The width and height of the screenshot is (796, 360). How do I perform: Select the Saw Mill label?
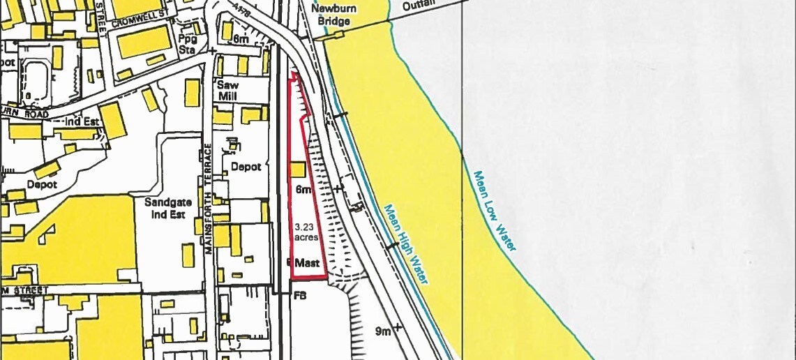pos(228,90)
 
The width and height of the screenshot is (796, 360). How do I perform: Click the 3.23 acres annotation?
pos(307,232)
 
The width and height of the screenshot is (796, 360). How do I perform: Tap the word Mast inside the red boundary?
pos(307,264)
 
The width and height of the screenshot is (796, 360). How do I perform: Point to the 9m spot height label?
pos(383,331)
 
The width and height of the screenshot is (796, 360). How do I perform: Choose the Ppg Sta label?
pos(187,43)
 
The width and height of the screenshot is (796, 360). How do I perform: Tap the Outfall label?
pos(418,5)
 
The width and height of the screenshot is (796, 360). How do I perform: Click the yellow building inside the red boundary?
pos(297,170)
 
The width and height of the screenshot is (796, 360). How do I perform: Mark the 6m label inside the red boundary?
pos(303,190)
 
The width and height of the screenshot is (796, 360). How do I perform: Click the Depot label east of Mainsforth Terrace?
pos(246,167)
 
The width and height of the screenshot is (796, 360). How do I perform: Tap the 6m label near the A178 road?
pos(241,40)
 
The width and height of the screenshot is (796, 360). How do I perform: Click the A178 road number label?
pos(243,9)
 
